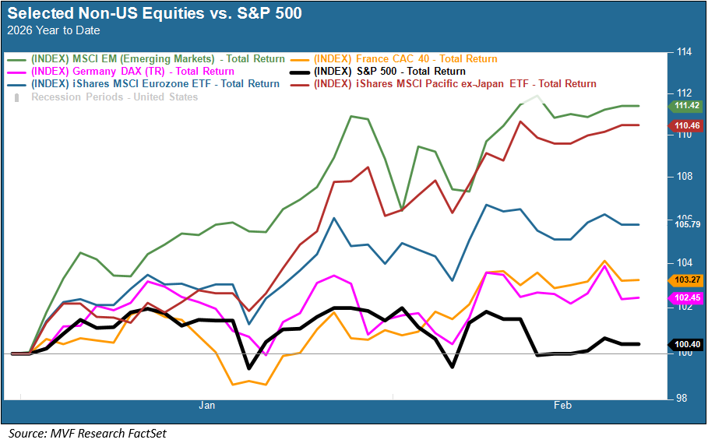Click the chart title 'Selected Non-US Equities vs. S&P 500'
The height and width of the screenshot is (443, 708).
pyautogui.click(x=154, y=14)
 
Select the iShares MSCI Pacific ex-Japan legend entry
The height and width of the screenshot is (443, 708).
pyautogui.click(x=455, y=84)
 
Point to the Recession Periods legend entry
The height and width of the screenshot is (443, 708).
pyautogui.click(x=114, y=97)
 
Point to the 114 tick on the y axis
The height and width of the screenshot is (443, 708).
pyautogui.click(x=685, y=53)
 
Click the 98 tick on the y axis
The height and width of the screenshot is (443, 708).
pyautogui.click(x=683, y=399)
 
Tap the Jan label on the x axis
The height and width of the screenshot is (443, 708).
pyautogui.click(x=206, y=406)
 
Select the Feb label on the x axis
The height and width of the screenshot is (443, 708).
pyautogui.click(x=562, y=406)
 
